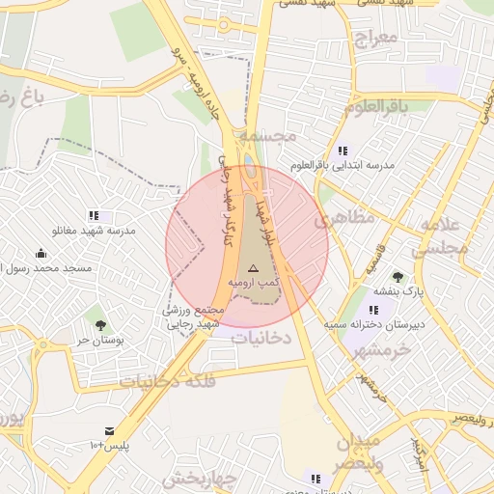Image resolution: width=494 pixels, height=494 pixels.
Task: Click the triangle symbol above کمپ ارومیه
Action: tap(253, 267)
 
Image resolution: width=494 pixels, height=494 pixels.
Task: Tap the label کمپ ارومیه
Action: tap(253, 281)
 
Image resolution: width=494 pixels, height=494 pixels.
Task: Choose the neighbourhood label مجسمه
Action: tap(269, 138)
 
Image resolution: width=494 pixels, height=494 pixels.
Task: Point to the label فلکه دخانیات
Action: tap(167, 381)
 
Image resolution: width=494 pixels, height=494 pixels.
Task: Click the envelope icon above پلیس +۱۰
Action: tap(109, 430)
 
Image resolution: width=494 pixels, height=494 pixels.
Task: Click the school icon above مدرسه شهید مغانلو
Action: tap(94, 216)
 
